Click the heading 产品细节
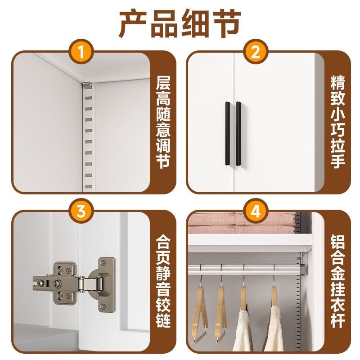(x=180, y=23)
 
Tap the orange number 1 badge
(x=81, y=52)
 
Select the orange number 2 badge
(x=256, y=52)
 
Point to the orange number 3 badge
(x=81, y=211)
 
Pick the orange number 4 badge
(x=256, y=211)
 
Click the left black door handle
(x=227, y=133)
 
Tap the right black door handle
(x=238, y=133)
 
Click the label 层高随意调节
(x=163, y=122)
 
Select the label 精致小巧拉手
(x=338, y=122)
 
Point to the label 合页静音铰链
(x=163, y=281)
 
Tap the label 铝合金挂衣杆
(x=338, y=281)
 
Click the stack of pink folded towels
(x=242, y=223)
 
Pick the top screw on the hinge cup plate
(x=103, y=262)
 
